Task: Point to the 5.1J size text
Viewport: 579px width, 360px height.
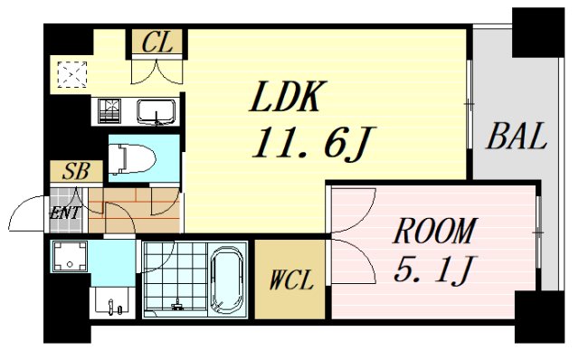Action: coord(433,269)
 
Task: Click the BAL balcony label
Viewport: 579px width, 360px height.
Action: coord(515,137)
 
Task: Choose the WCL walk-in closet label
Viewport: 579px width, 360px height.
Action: coord(289,280)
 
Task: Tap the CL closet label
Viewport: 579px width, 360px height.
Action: coord(158,42)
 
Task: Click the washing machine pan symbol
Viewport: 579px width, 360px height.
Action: coord(69,259)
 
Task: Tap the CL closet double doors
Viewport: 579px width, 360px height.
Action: coord(158,71)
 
